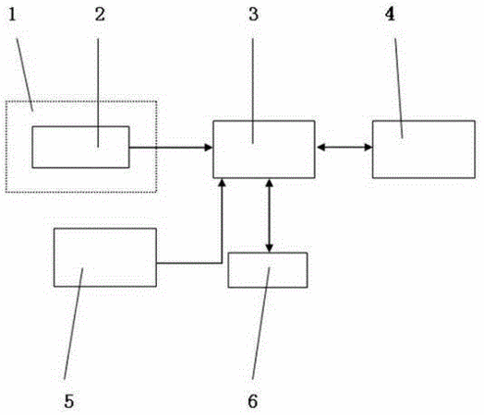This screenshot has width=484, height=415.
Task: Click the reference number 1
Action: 12,15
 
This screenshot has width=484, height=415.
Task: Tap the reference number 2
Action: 100,15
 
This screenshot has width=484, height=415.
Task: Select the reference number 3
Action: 253,15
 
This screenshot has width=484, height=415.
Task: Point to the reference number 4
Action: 390,14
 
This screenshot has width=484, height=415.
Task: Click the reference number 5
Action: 69,401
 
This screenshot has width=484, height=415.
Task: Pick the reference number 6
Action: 253,401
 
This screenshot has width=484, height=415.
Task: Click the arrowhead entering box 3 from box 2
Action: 209,148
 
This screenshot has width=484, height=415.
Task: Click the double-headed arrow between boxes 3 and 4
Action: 344,148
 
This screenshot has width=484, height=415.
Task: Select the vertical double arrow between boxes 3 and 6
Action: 269,216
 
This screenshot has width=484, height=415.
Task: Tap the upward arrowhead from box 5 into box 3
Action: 222,183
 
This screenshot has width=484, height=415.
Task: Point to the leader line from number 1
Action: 24,75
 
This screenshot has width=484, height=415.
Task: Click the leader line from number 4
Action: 398,89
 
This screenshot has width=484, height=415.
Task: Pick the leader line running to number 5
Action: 73,324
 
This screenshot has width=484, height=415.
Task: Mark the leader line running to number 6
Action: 260,323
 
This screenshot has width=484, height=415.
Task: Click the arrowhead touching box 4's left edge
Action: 369,148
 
